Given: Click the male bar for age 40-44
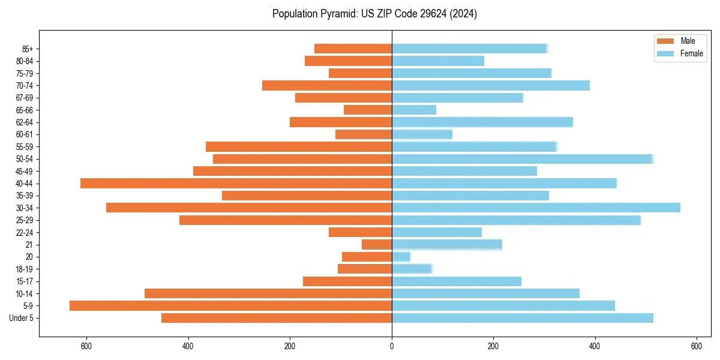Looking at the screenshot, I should point(236,184).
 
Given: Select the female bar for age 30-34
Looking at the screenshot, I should point(536,208).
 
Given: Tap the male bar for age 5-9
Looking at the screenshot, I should point(230,305).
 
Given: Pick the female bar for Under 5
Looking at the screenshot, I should point(522,318).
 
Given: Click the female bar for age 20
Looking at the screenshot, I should point(401,257).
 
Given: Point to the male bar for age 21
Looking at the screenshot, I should point(377,245).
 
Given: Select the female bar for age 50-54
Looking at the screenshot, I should point(522,159).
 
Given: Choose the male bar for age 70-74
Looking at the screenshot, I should point(327,86).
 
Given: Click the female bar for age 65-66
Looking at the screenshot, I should point(414,110).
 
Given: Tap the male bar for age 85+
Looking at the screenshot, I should point(353,49).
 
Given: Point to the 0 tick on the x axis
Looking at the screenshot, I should point(392,346).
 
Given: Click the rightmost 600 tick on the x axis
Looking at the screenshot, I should point(697,346).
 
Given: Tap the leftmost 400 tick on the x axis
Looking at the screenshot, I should point(188,346).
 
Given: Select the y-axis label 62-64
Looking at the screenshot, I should point(25,122).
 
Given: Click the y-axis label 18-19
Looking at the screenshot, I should point(25,269).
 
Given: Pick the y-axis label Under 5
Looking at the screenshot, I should point(22,318).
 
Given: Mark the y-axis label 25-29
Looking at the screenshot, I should point(25,220).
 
